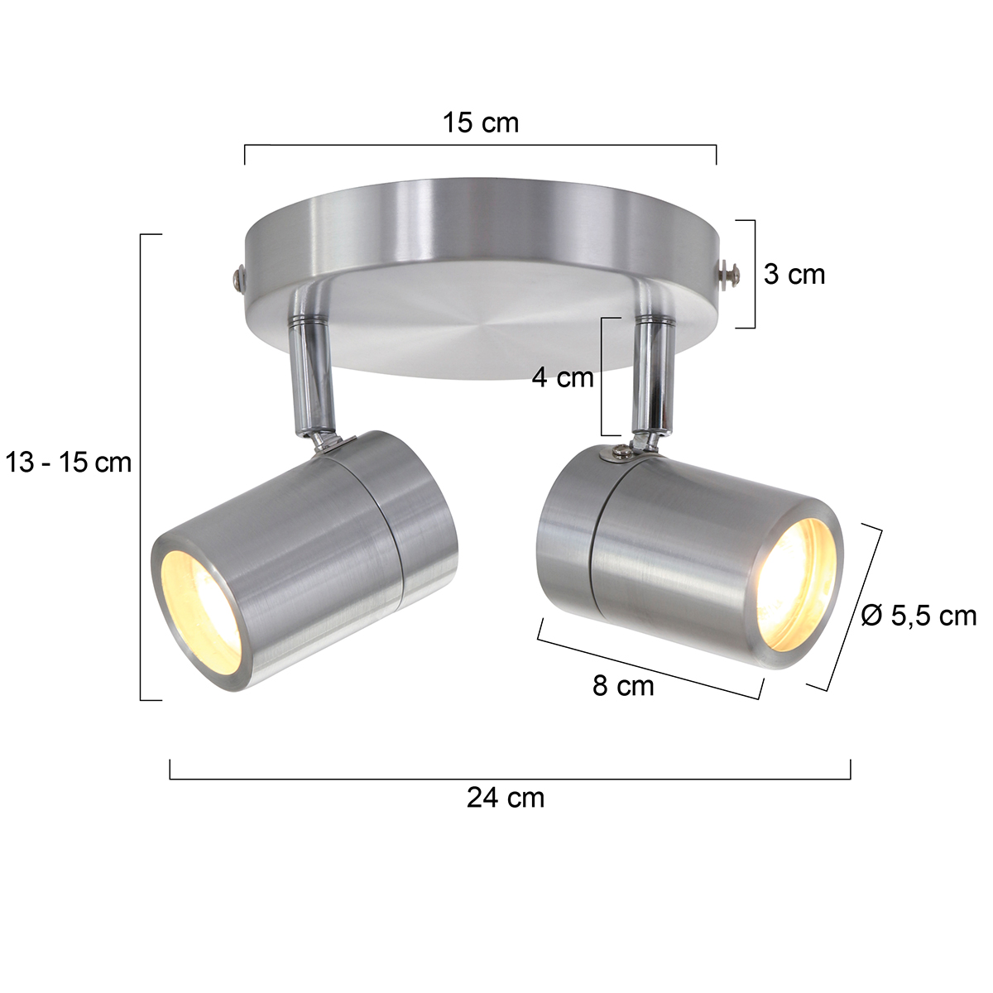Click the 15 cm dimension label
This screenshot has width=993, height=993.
[480, 122]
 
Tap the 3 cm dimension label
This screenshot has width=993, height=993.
[794, 274]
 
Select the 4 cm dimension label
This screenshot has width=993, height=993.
[563, 378]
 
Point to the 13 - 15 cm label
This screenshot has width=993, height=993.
[69, 462]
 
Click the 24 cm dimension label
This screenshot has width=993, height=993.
[506, 798]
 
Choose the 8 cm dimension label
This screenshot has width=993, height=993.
[622, 686]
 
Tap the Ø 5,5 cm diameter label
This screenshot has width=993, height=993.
[919, 616]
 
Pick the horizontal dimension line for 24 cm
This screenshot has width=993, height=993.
[510, 779]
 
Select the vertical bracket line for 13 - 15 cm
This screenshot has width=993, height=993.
[142, 468]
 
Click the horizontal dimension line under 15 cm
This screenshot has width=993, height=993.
[480, 145]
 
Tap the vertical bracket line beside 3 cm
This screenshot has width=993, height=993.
[755, 274]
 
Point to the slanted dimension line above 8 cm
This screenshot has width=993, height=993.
[650, 660]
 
